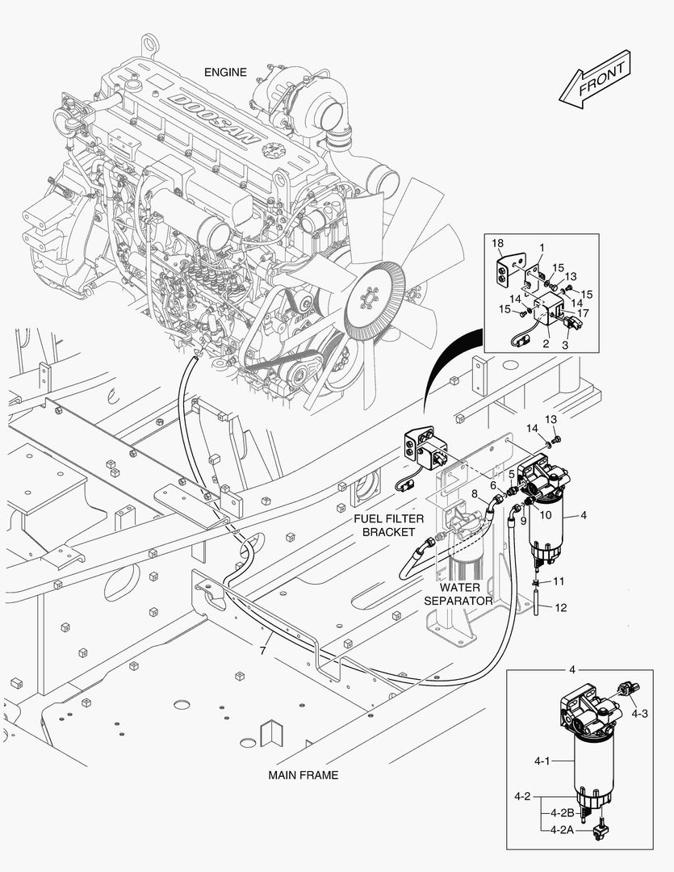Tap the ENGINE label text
pos(225,73)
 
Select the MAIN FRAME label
pos(303,775)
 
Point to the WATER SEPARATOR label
pos(458,594)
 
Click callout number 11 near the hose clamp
pos(558,581)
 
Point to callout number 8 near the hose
pos(475,493)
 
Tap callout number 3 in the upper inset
pos(564,345)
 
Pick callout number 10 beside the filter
pos(546,514)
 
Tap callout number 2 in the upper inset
pos(546,343)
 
